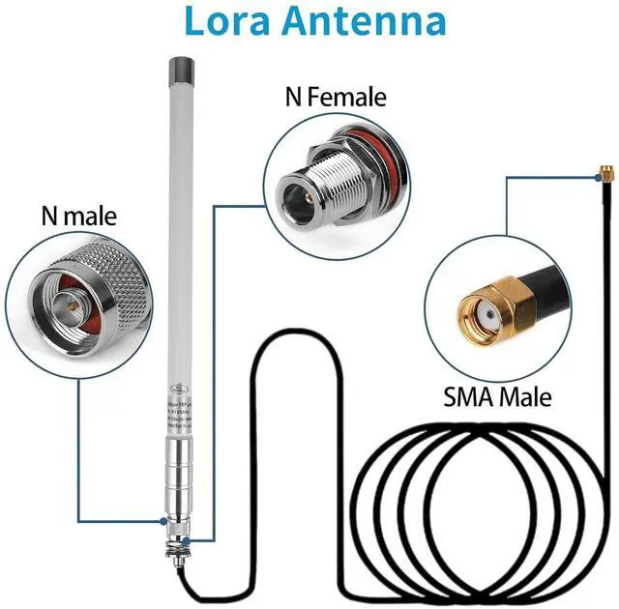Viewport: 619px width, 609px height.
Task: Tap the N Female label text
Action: tap(335, 97)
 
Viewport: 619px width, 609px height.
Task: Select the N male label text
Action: tap(77, 216)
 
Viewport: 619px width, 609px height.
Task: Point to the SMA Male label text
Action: tap(497, 395)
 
